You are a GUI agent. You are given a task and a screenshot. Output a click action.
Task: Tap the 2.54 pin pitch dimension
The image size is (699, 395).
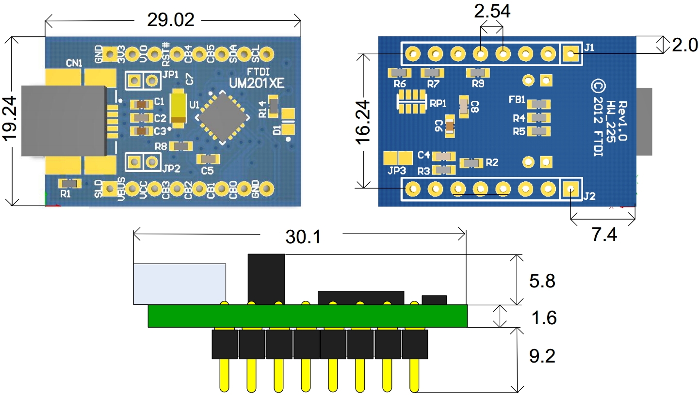492,11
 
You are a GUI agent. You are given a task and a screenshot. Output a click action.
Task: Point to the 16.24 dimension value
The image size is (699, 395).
364,122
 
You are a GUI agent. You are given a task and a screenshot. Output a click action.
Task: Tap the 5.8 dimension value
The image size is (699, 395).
542,281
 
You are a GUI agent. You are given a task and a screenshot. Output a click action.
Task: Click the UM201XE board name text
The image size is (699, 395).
262,83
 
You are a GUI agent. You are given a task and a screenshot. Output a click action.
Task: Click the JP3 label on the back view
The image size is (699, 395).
396,170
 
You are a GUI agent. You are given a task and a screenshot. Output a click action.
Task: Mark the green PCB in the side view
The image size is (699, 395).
308,316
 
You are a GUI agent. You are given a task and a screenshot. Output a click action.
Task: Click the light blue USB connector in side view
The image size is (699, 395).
179,284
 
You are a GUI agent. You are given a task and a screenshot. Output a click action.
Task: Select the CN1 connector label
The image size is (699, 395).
74,63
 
